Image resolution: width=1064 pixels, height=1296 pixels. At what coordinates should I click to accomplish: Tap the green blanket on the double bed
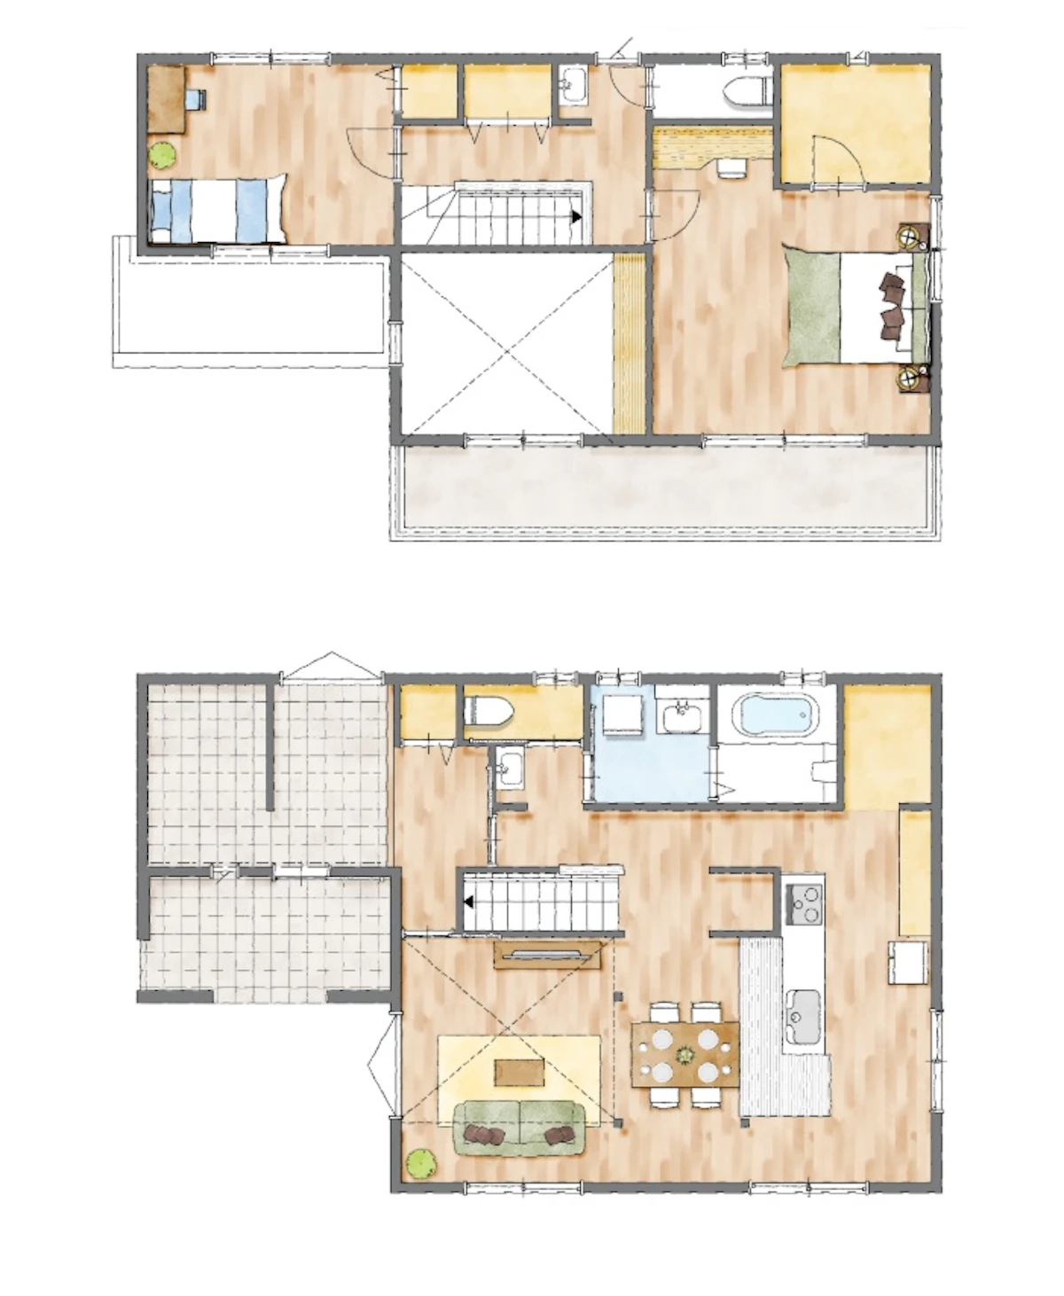(x=812, y=305)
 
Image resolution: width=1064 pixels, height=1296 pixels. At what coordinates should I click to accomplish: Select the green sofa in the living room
(x=520, y=1128)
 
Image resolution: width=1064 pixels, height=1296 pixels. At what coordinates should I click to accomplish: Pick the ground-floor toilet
(x=489, y=710)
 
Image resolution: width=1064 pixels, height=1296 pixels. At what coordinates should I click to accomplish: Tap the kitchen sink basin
(x=804, y=1010)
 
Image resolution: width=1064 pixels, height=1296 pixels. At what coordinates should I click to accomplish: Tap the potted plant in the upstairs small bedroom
(x=162, y=156)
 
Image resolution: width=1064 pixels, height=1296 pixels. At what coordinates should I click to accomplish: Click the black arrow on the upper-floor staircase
(x=577, y=215)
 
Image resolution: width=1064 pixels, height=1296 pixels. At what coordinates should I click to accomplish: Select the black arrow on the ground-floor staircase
(x=467, y=903)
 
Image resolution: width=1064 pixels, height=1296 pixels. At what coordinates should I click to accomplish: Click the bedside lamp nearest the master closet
(x=911, y=235)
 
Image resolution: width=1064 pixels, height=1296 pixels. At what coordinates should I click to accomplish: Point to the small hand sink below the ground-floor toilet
(x=509, y=766)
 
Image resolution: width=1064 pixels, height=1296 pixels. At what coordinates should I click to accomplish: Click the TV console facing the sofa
(x=542, y=954)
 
